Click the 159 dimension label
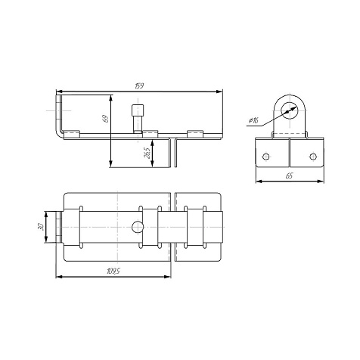coord(139,86)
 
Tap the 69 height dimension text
coord(106,119)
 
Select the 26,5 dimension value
coord(147,153)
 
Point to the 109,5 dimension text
coord(113,272)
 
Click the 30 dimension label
coord(40,228)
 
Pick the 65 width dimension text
coord(289,175)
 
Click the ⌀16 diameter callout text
coord(253,121)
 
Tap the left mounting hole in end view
coord(265,157)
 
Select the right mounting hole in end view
coord(313,157)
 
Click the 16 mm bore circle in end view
coord(290,110)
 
